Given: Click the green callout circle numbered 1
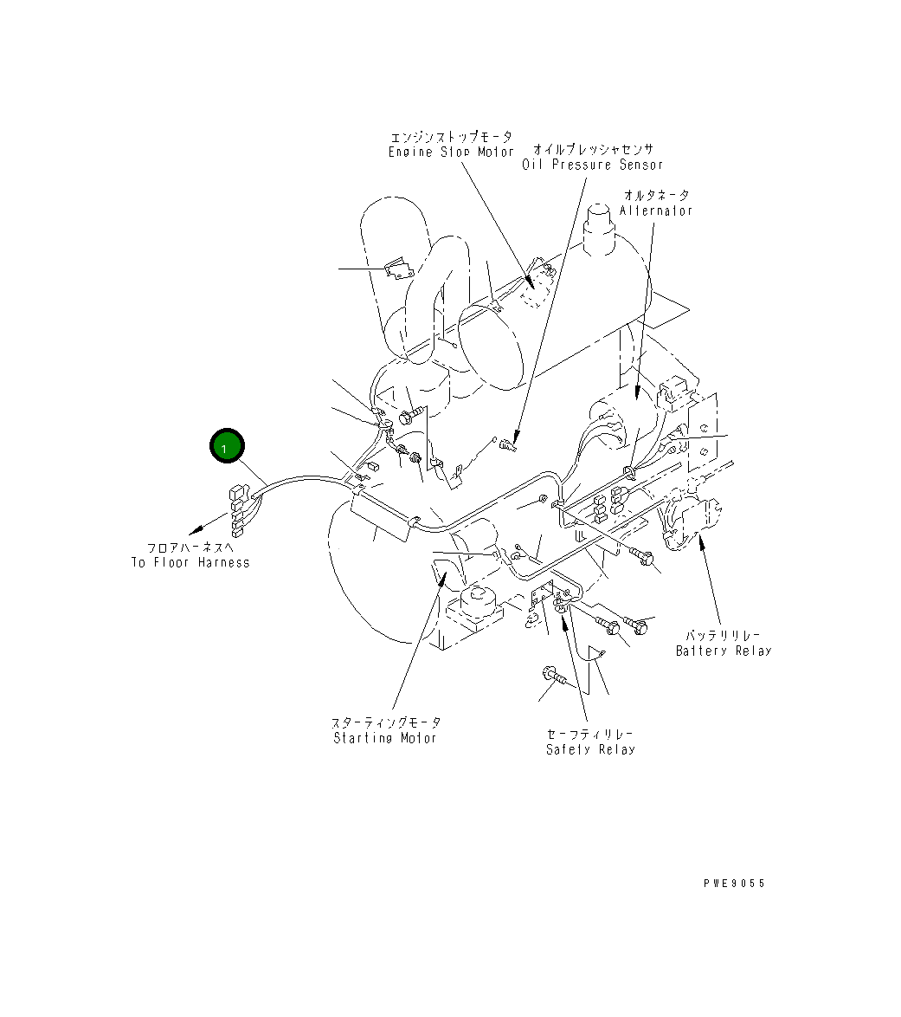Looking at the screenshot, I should pos(227,447).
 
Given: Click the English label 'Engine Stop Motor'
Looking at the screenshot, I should pos(451,152).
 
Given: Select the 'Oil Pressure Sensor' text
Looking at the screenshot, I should pos(592,165).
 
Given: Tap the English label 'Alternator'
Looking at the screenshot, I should pos(656,211).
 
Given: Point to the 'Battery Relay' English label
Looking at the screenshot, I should pos(723,651).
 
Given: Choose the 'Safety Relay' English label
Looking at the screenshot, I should pos(590,749).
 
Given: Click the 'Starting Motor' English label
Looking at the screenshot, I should pos(385,738).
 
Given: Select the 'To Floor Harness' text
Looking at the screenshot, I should pos(190,562).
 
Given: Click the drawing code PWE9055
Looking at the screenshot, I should pos(734,884).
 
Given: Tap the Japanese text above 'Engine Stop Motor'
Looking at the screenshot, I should pos(451,137).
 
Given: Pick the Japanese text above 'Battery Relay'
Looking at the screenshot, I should pos(724,636).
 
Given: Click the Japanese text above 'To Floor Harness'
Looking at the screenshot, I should pos(190,547).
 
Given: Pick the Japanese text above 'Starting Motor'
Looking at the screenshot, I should pos(386,722).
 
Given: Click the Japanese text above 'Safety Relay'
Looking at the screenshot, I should pos(590,734).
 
